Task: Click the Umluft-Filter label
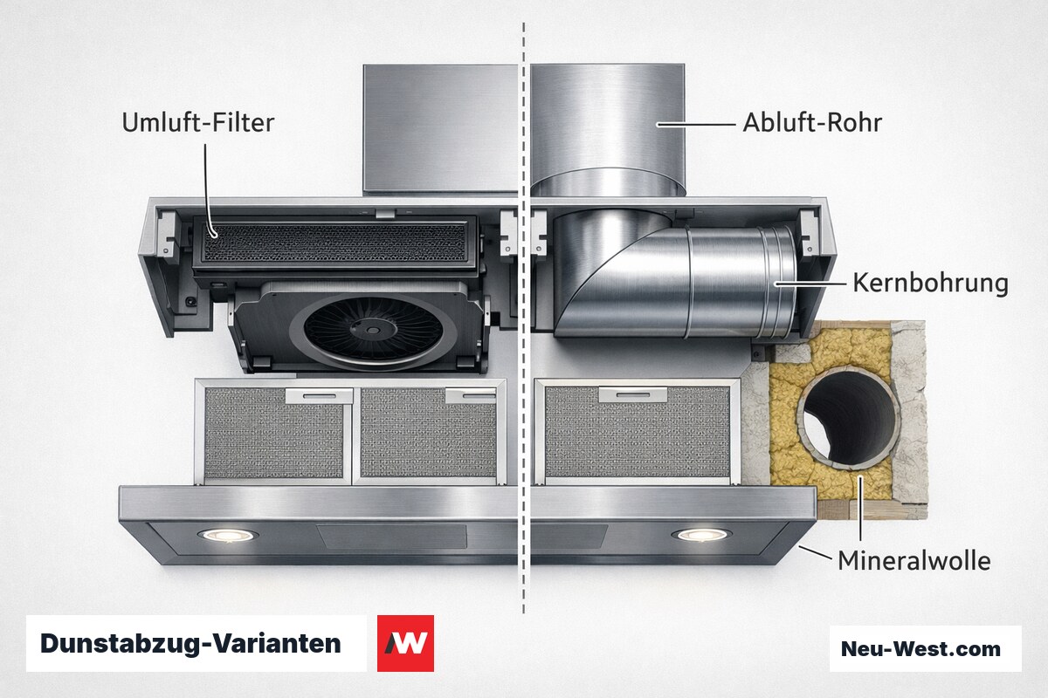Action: [x=198, y=122]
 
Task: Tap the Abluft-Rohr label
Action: [x=812, y=122]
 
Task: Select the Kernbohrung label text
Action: [x=930, y=284]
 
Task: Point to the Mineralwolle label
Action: [x=914, y=560]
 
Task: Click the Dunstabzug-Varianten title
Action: [x=190, y=644]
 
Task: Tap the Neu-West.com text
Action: [x=920, y=649]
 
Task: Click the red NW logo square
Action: [x=405, y=643]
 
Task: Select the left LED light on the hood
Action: [x=228, y=535]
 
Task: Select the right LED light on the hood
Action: [x=702, y=534]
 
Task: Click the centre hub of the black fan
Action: [x=373, y=330]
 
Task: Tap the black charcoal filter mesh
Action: [x=334, y=242]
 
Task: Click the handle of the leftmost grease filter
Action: [x=319, y=396]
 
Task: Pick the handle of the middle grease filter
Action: [x=471, y=396]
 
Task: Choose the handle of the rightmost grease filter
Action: [x=633, y=394]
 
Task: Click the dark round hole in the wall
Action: [x=849, y=419]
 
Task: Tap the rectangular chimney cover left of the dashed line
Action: [x=441, y=129]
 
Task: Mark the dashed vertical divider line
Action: [x=523, y=318]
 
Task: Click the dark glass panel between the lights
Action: [x=391, y=537]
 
